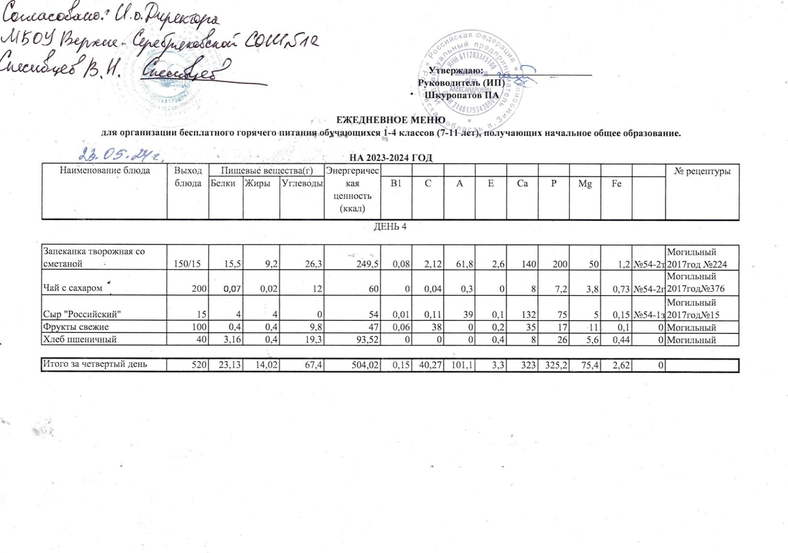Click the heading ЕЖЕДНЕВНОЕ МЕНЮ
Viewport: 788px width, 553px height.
coord(391,120)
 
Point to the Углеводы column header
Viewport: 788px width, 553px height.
coord(302,183)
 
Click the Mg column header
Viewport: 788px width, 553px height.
coord(585,183)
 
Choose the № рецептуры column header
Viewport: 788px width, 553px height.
coord(702,171)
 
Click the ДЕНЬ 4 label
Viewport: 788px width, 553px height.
coord(390,226)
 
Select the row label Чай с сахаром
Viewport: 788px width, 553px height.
coord(73,288)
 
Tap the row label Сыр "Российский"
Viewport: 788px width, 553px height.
coord(81,314)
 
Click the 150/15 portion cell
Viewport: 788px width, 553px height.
coord(190,264)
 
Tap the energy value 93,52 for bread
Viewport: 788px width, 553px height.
coord(366,340)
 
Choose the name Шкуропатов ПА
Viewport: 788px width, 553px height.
coord(461,95)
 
